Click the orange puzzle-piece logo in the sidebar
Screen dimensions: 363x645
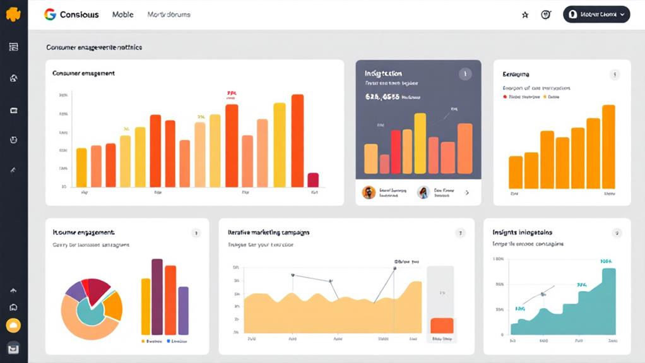click(13, 14)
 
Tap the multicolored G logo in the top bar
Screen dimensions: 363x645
click(50, 15)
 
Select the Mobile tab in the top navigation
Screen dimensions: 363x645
click(122, 15)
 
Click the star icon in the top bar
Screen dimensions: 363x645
click(525, 15)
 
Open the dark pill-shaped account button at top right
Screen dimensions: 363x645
click(596, 14)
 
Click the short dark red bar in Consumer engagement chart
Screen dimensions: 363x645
click(313, 180)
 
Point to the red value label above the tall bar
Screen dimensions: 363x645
click(231, 95)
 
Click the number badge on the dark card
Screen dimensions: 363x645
click(465, 74)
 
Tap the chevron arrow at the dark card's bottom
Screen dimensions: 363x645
click(467, 193)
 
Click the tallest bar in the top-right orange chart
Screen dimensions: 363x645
click(608, 146)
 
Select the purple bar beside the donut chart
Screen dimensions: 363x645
click(183, 310)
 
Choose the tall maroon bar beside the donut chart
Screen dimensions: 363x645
click(157, 296)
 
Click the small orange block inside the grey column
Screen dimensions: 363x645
click(442, 325)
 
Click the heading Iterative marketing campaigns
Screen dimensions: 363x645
click(268, 232)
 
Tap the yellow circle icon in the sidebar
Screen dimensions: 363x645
click(13, 326)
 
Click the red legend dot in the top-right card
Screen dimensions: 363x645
click(505, 97)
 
